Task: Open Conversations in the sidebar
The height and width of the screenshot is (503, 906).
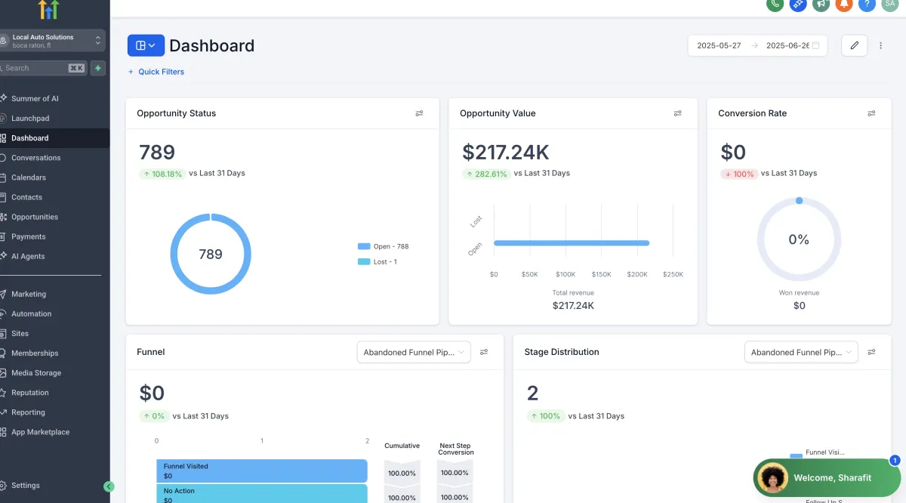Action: tap(35, 158)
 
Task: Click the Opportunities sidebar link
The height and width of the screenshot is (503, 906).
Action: tap(35, 217)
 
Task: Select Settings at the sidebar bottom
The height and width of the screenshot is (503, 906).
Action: tap(25, 485)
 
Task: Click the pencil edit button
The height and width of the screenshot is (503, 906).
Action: tap(854, 45)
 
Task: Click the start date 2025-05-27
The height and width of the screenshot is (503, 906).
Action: tap(719, 45)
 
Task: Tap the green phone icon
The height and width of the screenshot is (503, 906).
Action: tap(775, 4)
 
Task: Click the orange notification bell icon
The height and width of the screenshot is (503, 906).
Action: tap(844, 4)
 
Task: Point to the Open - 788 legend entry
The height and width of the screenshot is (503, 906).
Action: tap(383, 246)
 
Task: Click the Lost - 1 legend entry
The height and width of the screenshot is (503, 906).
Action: tap(377, 262)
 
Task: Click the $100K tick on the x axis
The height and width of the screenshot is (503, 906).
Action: tap(565, 274)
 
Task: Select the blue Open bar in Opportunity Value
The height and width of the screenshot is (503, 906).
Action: tap(572, 242)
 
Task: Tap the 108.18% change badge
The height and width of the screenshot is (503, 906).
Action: tap(162, 174)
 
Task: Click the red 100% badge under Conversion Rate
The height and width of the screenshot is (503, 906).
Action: tap(739, 174)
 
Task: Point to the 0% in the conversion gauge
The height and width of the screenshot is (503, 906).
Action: tap(799, 239)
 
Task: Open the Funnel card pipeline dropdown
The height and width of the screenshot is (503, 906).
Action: tap(414, 352)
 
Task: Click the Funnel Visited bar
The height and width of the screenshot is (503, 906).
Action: tap(262, 471)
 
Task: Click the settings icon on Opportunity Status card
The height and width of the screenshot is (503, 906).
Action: tap(419, 113)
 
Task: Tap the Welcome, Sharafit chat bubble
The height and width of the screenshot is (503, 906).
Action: tap(827, 477)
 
